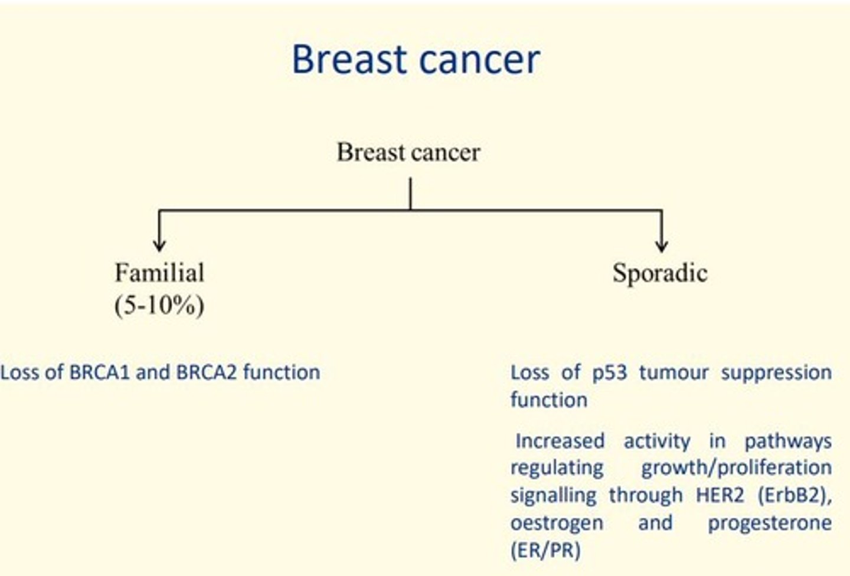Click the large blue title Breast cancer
click(416, 59)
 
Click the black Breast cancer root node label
click(408, 152)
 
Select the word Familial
click(159, 273)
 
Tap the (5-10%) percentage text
click(159, 305)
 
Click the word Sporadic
click(659, 273)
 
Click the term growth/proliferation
click(736, 468)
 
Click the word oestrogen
click(557, 523)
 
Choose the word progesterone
click(769, 523)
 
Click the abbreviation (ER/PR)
click(545, 550)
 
